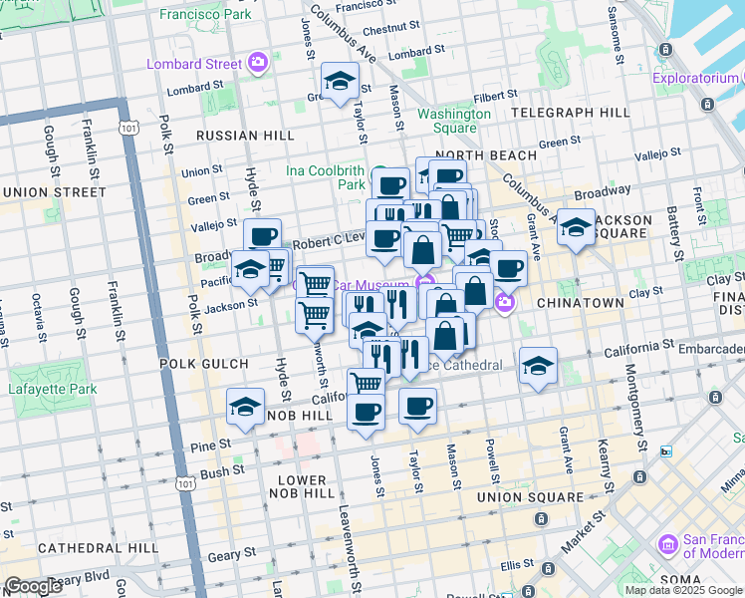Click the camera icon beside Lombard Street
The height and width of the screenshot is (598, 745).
click(x=258, y=63)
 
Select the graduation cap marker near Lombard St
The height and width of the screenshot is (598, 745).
click(x=340, y=81)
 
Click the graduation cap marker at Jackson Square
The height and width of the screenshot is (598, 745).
click(x=576, y=228)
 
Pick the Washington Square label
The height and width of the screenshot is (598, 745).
click(x=454, y=121)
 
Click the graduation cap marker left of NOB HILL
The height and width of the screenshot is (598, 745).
click(x=245, y=407)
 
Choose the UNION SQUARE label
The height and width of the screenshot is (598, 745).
click(x=530, y=496)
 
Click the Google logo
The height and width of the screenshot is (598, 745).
click(x=33, y=586)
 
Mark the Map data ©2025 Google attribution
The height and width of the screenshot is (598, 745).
click(x=682, y=590)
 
